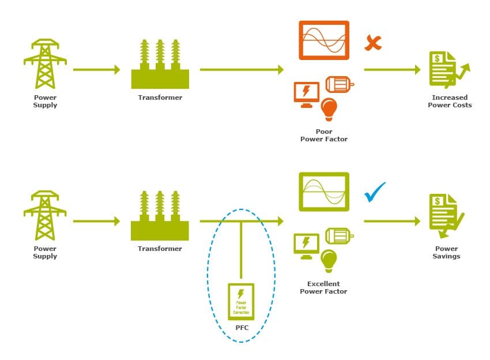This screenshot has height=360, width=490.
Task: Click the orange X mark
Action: [x=373, y=43]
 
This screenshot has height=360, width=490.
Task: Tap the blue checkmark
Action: [x=375, y=192]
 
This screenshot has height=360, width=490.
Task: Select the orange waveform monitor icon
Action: [x=324, y=40]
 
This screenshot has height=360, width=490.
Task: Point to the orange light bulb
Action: [x=329, y=108]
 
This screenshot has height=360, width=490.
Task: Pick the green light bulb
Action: [x=329, y=260]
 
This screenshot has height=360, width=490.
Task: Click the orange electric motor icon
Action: [x=339, y=84]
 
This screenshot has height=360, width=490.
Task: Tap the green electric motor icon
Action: [x=339, y=236]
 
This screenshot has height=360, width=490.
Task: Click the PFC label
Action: [x=242, y=327]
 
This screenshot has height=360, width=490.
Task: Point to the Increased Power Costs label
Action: [x=450, y=101]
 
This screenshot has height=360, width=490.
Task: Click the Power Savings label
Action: [x=447, y=252]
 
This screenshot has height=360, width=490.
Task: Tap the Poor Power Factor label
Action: [x=324, y=135]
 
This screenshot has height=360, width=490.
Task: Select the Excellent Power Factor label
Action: [x=323, y=287]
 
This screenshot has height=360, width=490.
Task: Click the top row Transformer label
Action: [x=160, y=97]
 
